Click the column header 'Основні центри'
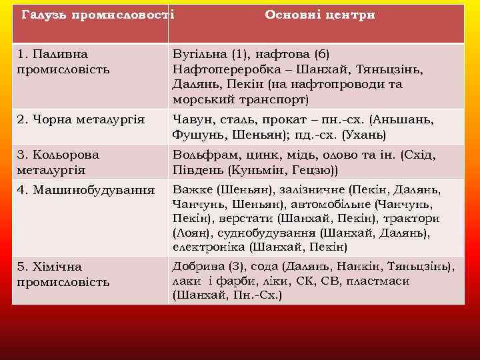coord(320,15)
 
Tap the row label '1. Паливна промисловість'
coord(63,61)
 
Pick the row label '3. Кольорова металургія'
coord(58,162)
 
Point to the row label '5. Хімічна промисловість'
coord(63,274)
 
